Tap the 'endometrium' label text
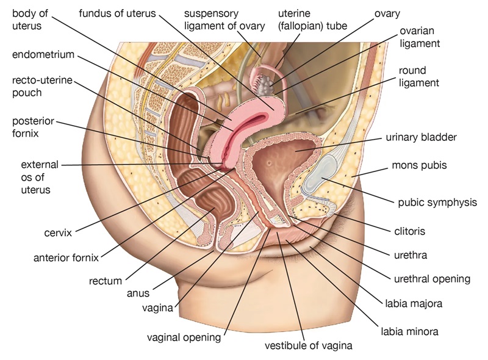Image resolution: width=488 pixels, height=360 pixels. pos(43,55)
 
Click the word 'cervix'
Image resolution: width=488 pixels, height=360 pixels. pos(58,232)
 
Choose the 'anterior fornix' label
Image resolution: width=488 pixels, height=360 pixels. pos(66,257)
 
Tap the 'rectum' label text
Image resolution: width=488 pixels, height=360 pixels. pos(106,281)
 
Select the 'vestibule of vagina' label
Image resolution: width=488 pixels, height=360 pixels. pos(309,346)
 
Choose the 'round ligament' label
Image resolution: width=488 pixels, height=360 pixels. pos(421,76)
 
